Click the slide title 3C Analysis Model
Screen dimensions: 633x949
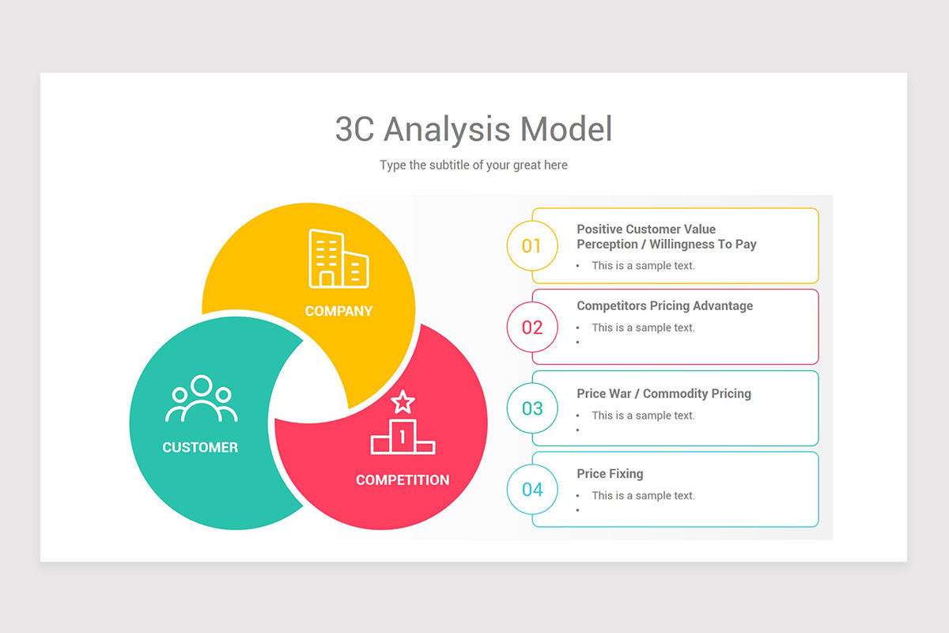coord(474,129)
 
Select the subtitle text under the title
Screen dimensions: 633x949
coord(474,165)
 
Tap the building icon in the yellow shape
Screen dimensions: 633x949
coord(338,258)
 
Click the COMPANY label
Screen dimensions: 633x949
coord(338,311)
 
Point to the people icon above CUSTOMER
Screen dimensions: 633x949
coord(201,400)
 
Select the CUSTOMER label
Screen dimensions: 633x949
coord(200,447)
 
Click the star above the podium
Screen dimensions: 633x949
coord(403,402)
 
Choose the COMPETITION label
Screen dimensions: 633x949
coord(403,479)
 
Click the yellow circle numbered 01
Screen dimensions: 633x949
coord(532,246)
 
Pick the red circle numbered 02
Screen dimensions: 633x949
coord(532,327)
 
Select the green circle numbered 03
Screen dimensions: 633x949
coord(532,408)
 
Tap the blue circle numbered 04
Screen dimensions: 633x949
coord(532,490)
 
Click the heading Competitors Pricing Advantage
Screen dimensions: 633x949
coord(664,306)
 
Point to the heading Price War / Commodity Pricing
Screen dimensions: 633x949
coord(664,394)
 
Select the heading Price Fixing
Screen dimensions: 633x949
coord(610,474)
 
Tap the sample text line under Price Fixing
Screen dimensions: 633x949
coord(643,496)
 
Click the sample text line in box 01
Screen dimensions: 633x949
coord(643,266)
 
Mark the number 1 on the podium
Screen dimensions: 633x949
coord(403,435)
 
